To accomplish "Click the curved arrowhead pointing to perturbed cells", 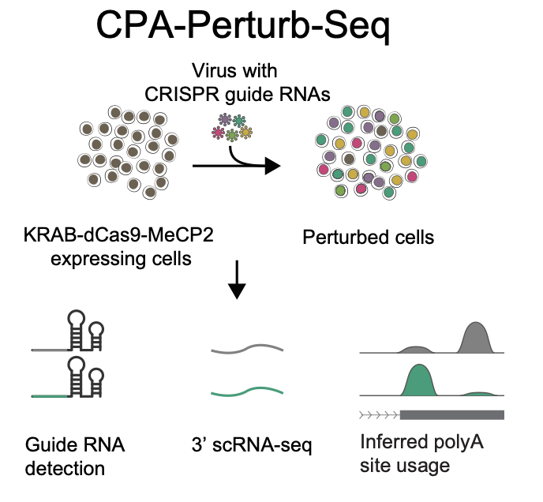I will click(x=272, y=166).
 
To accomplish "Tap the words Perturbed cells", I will click(x=369, y=236).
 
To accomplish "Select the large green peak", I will click(x=419, y=379).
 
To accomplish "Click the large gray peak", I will click(x=476, y=337).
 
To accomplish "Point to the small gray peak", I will click(x=417, y=348).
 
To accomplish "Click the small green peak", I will click(x=481, y=392).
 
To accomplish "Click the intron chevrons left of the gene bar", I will click(x=379, y=414).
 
